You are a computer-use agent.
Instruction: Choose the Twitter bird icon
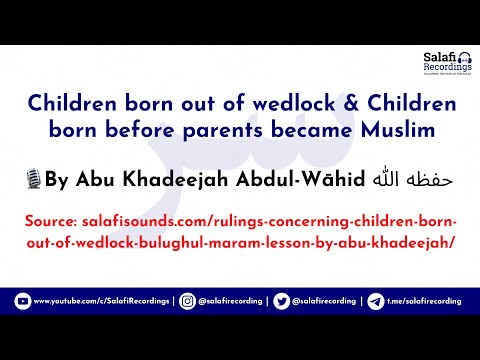pyautogui.click(x=281, y=300)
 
